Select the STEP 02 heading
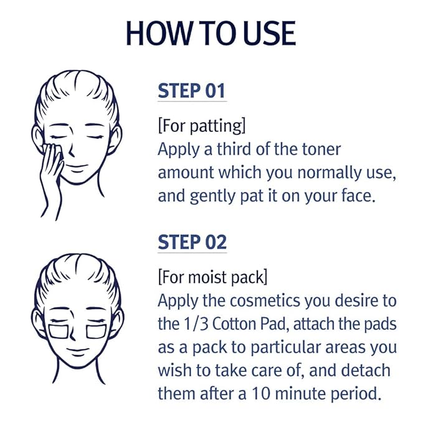coord(192,242)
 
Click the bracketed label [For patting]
coord(202,126)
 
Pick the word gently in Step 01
coord(216,196)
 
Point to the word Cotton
coord(239,324)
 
